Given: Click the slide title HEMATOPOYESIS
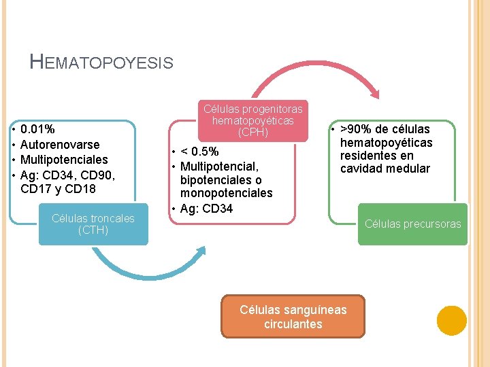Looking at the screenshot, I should click(x=102, y=63).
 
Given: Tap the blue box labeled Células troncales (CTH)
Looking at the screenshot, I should click(x=93, y=224).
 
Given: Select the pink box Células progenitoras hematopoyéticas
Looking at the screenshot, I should click(x=253, y=120).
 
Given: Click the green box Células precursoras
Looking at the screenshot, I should click(x=412, y=224).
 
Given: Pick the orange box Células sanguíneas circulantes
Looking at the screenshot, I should click(x=293, y=316).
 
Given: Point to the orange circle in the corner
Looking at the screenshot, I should click(x=451, y=320).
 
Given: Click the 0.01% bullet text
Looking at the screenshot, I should click(x=38, y=129).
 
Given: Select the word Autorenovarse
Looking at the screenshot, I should click(x=60, y=145).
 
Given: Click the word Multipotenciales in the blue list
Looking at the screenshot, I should click(x=64, y=160).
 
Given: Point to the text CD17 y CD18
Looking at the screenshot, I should click(x=59, y=190).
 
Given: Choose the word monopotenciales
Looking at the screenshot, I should click(x=226, y=194).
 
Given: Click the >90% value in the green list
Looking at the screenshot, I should click(x=354, y=129).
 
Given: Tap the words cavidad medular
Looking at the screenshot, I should click(x=385, y=169).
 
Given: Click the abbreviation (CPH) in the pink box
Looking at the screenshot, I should click(x=253, y=133).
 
